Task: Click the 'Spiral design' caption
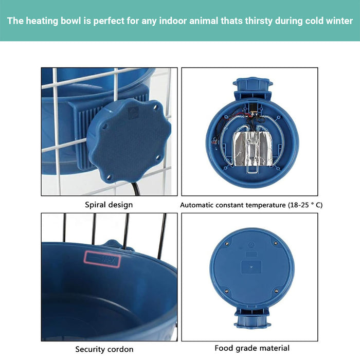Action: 109,205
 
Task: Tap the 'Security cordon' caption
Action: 104,349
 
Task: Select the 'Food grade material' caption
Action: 252,348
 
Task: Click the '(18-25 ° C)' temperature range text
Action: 305,205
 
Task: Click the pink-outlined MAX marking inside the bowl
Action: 102,259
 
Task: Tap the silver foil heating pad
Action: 253,149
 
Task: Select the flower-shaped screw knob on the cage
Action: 129,140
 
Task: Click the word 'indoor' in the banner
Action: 172,21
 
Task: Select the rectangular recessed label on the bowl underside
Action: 251,267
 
